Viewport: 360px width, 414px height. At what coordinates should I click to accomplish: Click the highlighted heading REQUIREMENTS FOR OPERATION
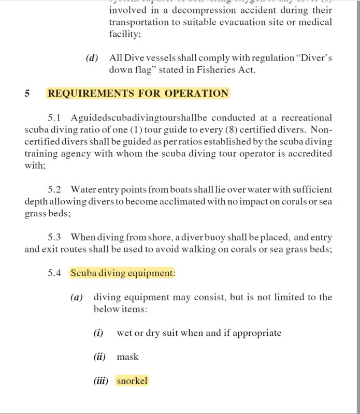138,94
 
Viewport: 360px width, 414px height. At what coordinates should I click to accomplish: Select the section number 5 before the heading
27,94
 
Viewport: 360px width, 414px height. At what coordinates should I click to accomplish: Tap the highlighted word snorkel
132,381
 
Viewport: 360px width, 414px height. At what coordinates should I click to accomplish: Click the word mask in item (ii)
127,357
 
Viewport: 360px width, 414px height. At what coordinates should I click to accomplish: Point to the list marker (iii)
100,381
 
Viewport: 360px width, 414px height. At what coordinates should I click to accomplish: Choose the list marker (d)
92,58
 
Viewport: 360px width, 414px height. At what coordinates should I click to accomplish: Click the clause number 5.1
54,119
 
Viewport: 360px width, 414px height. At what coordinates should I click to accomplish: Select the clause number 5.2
54,190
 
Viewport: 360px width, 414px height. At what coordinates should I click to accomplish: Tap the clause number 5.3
54,238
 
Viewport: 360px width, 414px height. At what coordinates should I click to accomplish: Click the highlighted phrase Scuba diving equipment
122,273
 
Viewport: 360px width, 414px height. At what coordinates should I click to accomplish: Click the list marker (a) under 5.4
77,298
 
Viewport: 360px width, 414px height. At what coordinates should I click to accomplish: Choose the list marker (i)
98,333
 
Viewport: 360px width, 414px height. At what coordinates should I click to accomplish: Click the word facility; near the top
125,35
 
